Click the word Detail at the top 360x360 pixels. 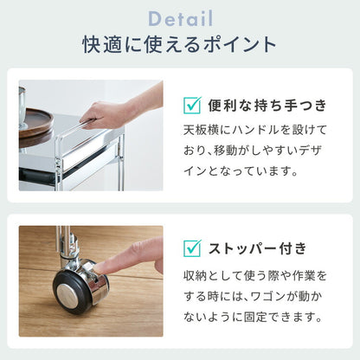[x=181, y=18]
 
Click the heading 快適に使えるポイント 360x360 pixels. [x=180, y=45]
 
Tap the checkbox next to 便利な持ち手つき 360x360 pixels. [x=192, y=105]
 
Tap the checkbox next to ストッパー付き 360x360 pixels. [x=192, y=248]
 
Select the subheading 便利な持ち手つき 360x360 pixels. [x=267, y=106]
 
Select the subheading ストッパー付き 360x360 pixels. [x=257, y=248]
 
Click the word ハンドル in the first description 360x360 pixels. [x=252, y=130]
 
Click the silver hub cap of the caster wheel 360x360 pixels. [x=67, y=294]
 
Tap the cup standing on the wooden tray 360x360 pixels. [x=22, y=106]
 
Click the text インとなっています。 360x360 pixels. [x=241, y=171]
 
